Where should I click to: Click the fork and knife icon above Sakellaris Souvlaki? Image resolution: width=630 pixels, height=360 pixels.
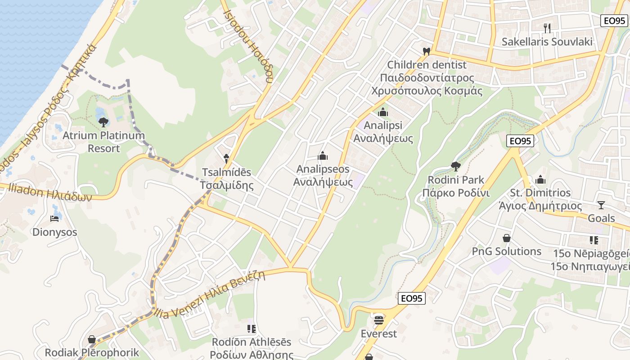click(x=547, y=28)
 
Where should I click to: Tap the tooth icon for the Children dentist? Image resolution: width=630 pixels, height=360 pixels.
click(x=427, y=51)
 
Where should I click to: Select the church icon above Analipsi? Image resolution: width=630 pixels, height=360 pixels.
click(x=383, y=112)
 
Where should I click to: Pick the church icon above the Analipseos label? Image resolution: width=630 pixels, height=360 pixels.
click(x=323, y=156)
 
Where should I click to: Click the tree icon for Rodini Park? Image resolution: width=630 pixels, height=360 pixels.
click(x=456, y=166)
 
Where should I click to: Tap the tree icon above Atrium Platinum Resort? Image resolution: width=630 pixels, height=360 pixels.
click(x=103, y=122)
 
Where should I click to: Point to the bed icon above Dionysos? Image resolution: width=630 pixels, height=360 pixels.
click(x=54, y=219)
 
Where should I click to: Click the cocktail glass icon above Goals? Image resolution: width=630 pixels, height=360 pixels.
click(x=601, y=205)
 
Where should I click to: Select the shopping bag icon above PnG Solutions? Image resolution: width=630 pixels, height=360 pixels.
click(x=507, y=238)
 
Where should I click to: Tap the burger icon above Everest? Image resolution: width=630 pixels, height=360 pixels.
click(x=379, y=320)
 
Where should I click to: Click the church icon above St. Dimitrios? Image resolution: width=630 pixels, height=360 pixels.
click(x=540, y=180)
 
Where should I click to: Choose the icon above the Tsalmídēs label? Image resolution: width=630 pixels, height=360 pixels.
click(x=226, y=158)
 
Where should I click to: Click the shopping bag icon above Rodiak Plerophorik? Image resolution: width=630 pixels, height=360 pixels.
click(x=92, y=339)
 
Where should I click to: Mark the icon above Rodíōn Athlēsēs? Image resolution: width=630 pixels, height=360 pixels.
click(x=252, y=329)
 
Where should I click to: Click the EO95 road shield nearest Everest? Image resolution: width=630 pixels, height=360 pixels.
click(x=412, y=298)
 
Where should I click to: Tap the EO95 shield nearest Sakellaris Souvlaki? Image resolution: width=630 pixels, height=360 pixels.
click(x=614, y=20)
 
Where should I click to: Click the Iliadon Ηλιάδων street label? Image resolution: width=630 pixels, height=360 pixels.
click(x=49, y=193)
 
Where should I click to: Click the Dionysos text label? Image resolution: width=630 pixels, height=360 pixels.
click(x=54, y=232)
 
